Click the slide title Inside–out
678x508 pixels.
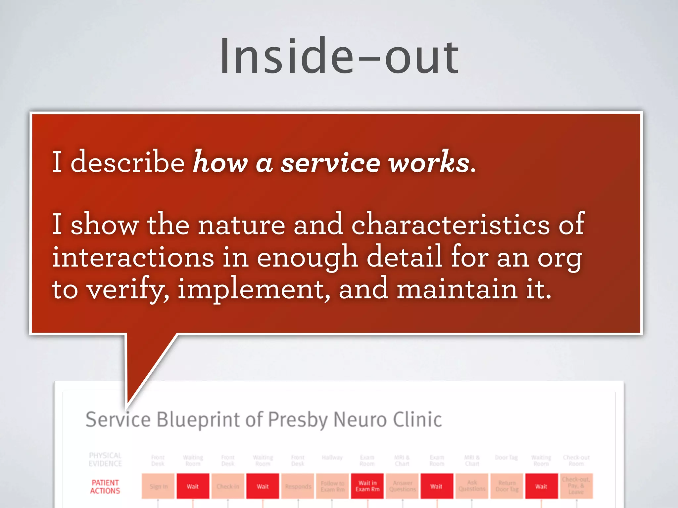[x=339, y=56]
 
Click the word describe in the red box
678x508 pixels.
[x=127, y=162]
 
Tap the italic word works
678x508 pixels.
[x=429, y=162]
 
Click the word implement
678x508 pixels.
[x=253, y=289]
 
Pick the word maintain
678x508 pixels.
[x=457, y=289]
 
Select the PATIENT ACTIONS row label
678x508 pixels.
[x=105, y=487]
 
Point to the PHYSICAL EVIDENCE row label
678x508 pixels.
[x=105, y=459]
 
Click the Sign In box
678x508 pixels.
[x=158, y=486]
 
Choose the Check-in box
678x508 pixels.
[x=228, y=486]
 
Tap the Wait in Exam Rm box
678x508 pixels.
[x=367, y=486]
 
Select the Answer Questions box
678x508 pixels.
[x=402, y=486]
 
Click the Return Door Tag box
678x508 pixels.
[x=507, y=486]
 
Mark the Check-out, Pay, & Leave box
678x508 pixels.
[x=576, y=486]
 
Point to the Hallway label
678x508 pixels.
[x=332, y=457]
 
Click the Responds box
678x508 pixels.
[x=298, y=486]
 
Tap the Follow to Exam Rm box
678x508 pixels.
[x=332, y=486]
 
